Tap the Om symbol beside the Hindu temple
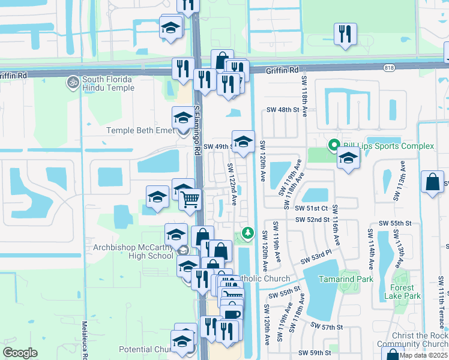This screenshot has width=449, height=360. [x=73, y=80]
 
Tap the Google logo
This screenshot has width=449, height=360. [x=20, y=353]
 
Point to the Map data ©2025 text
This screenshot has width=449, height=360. [x=423, y=355]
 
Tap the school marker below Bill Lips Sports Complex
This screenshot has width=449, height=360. [x=348, y=159]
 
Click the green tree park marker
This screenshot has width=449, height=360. [x=246, y=232]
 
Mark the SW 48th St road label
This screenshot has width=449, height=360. [x=283, y=110]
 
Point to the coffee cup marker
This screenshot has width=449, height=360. [x=231, y=315]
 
